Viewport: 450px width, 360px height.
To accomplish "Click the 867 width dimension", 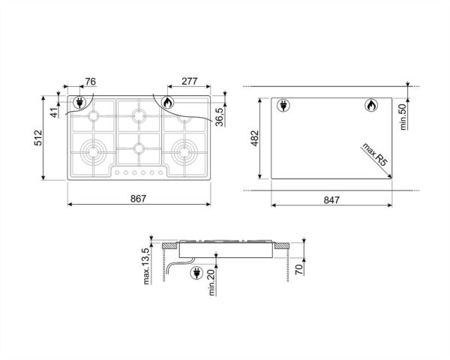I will [136, 199].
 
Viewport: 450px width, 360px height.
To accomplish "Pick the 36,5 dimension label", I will [220, 118].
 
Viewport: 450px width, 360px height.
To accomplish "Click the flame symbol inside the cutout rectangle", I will [371, 106].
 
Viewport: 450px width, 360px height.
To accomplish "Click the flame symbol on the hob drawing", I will [167, 101].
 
